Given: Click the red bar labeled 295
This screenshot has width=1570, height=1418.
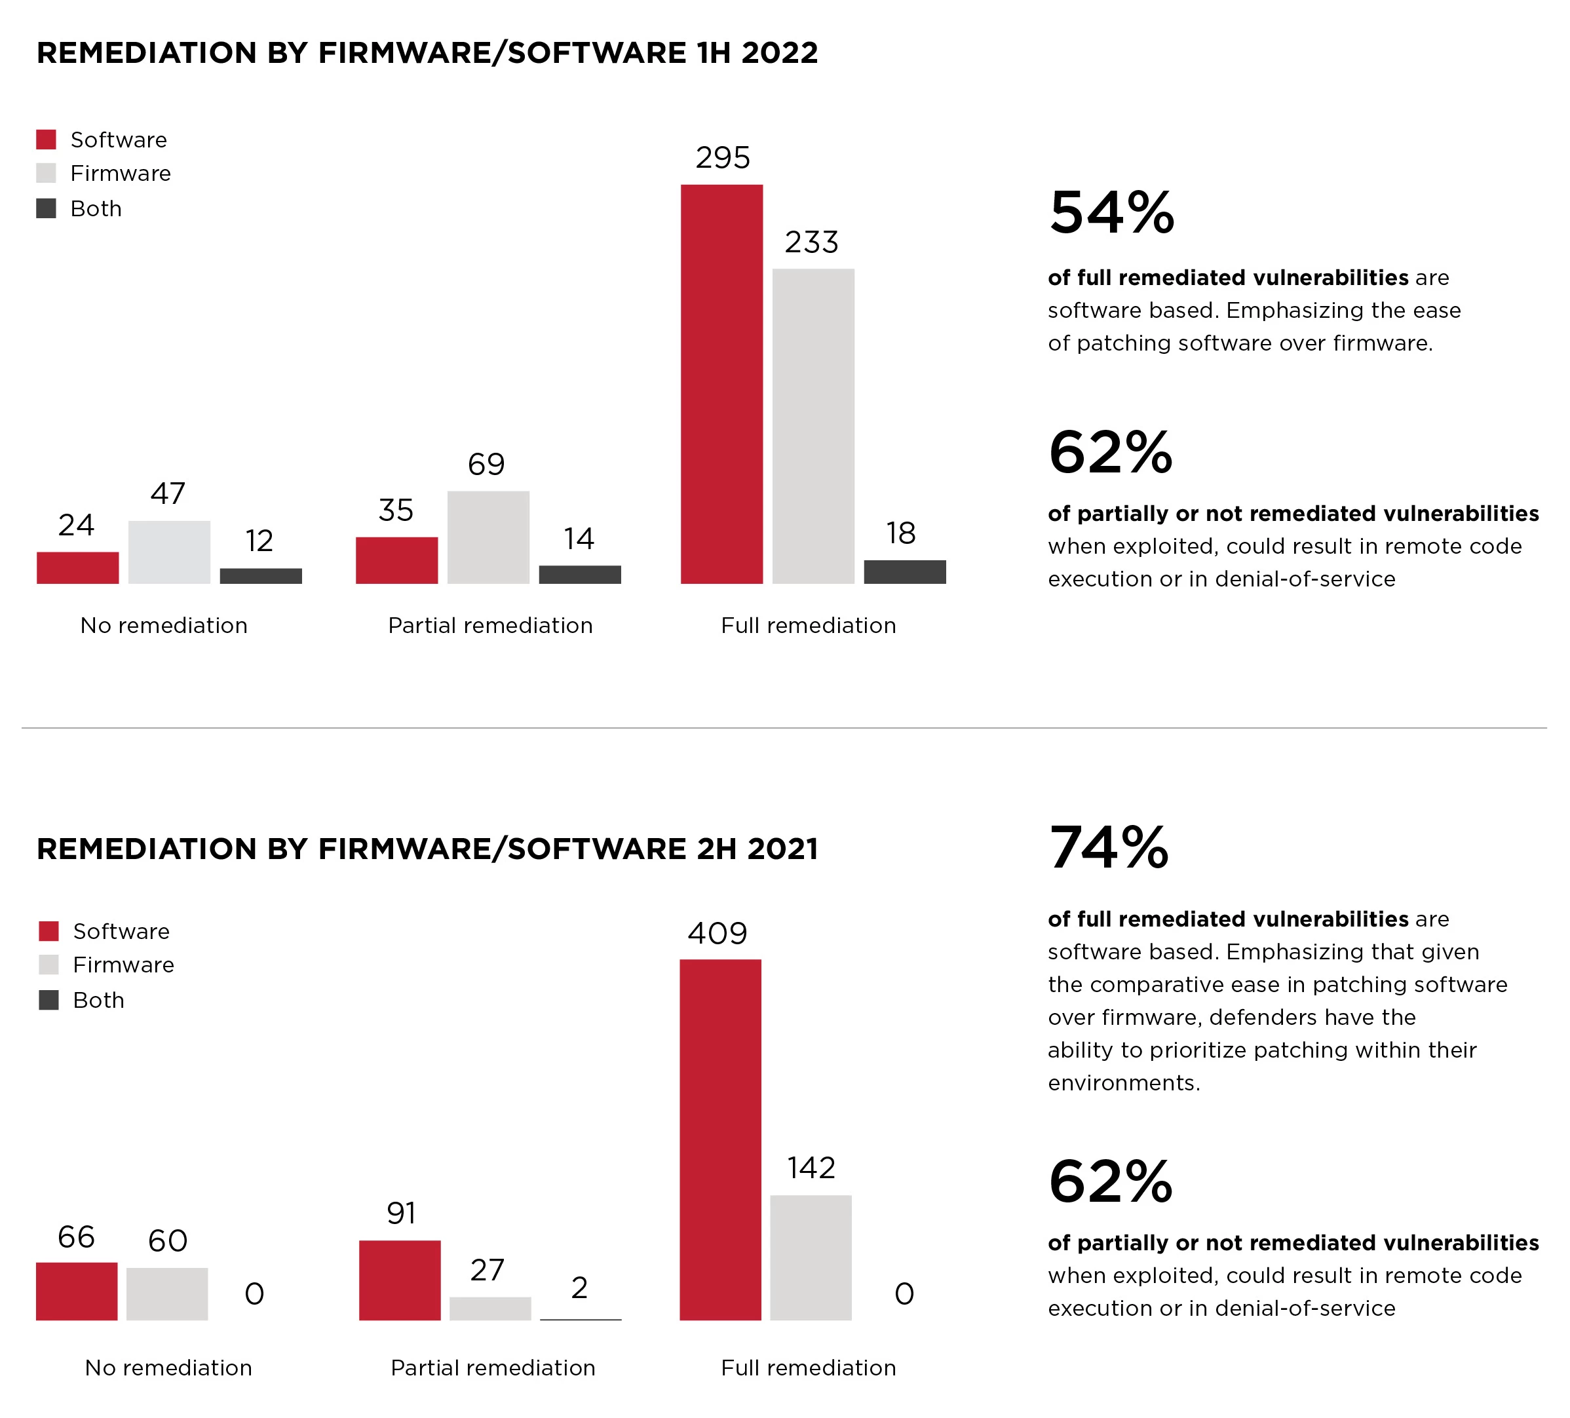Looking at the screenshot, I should pos(721,384).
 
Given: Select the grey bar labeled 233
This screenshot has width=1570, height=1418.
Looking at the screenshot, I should pos(813,426).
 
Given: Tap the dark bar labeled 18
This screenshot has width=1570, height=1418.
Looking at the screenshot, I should pos(904,571).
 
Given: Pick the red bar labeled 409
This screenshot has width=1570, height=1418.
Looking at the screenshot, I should pos(720,1140).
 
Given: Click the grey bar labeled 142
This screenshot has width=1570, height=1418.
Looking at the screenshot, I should pos(811,1257).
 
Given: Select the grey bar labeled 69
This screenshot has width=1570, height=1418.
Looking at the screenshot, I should pos(488,537).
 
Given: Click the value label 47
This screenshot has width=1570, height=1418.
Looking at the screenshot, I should pos(168,493).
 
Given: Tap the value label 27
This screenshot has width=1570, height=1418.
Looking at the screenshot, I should pos(488,1270).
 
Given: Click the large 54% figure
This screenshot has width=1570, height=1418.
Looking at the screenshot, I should pos(1111,212).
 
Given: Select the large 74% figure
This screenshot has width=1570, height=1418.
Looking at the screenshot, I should pos(1109,848).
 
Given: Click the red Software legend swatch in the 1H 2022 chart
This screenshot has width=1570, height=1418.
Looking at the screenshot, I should pos(46,140).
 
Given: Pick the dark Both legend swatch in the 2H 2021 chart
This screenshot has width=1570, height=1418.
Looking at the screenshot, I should pos(49,1000).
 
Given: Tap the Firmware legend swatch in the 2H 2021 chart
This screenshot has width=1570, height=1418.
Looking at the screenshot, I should pos(49,965).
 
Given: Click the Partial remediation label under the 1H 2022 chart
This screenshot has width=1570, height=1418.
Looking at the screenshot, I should pos(491,625).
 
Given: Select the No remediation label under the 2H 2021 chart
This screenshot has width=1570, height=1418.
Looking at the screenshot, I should pos(168,1368).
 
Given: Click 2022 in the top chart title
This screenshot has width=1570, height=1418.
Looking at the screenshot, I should pos(780,53).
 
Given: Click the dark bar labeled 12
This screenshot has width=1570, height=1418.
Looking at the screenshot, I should pos(261,576).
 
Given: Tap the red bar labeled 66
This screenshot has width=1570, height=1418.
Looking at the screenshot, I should pos(76,1291).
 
